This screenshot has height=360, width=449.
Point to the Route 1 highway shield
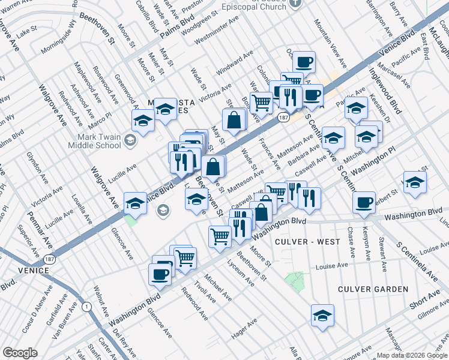pyautogui.click(x=88, y=307)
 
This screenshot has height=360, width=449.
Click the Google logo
pyautogui.click(x=20, y=353)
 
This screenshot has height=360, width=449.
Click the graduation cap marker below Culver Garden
pyautogui.click(x=322, y=316)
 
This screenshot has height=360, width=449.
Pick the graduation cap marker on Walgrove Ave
pyautogui.click(x=136, y=204)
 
